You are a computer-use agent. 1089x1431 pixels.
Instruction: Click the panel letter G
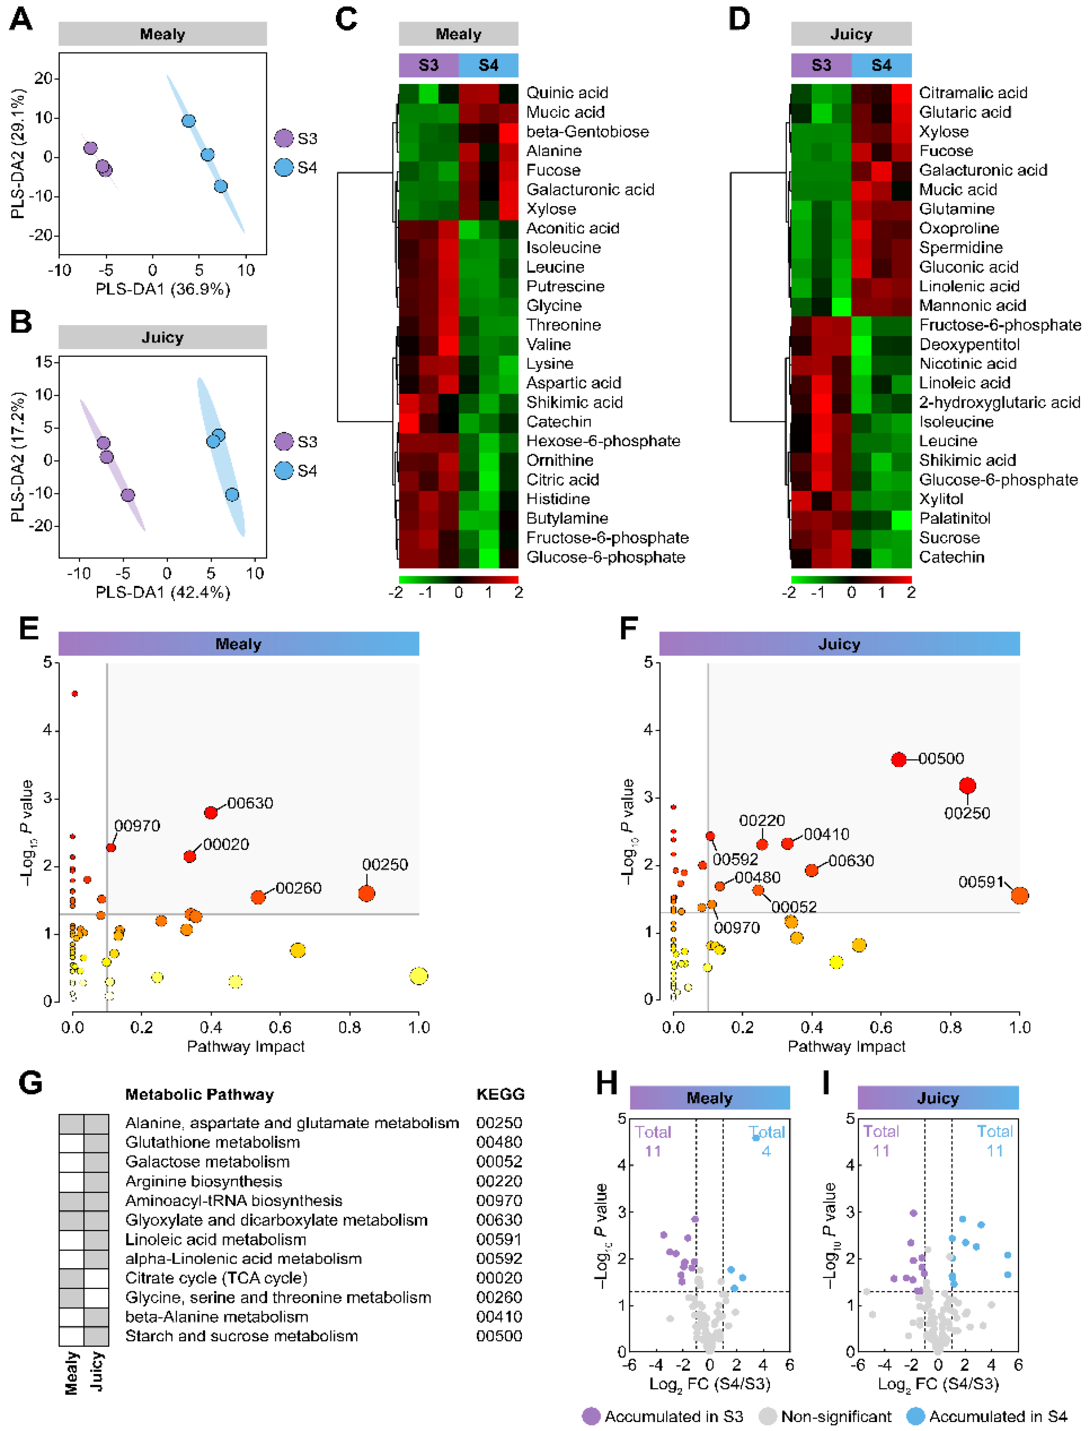pyautogui.click(x=30, y=1084)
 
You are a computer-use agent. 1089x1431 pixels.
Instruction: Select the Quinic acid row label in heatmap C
pyautogui.click(x=566, y=93)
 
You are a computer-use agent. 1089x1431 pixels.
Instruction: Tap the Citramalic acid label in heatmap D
pyautogui.click(x=972, y=93)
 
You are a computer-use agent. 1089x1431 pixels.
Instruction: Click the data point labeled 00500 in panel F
pyautogui.click(x=898, y=759)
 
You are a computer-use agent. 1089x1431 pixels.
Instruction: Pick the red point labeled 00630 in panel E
pyautogui.click(x=211, y=812)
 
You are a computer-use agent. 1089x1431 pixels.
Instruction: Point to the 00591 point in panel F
pyautogui.click(x=1019, y=896)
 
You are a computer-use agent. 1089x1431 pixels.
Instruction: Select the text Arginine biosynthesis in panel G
pyautogui.click(x=204, y=1181)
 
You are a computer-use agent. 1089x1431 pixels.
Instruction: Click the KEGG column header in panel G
pyautogui.click(x=500, y=1094)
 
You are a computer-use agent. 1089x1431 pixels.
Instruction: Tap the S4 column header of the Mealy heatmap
pyautogui.click(x=488, y=65)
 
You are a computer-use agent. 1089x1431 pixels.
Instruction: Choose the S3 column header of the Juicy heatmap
pyautogui.click(x=821, y=65)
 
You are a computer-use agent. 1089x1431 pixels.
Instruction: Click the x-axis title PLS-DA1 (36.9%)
pyautogui.click(x=163, y=289)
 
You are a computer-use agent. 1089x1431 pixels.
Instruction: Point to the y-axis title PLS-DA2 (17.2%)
pyautogui.click(x=18, y=457)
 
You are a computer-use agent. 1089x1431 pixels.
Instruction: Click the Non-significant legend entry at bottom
pyautogui.click(x=835, y=1416)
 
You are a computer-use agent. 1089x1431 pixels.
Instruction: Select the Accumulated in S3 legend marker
pyautogui.click(x=591, y=1416)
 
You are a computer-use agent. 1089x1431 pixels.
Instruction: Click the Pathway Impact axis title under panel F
pyautogui.click(x=846, y=1046)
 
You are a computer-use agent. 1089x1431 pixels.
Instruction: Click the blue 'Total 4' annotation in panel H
pyautogui.click(x=767, y=1141)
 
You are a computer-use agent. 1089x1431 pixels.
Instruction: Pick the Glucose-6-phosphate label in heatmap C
pyautogui.click(x=605, y=557)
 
